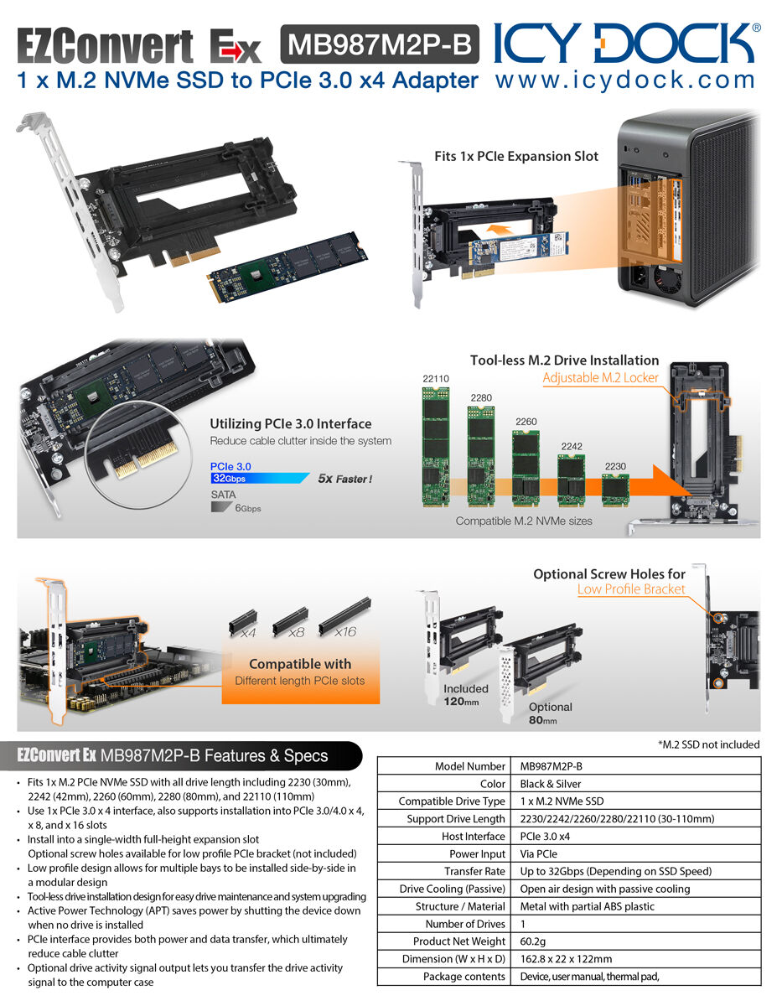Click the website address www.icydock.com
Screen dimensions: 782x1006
[x=625, y=80]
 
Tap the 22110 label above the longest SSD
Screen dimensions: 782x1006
[x=436, y=379]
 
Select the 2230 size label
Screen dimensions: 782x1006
[x=615, y=465]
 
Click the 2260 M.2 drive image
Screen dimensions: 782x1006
[x=526, y=465]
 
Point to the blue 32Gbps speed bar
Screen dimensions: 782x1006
[x=259, y=478]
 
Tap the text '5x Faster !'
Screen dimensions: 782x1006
[x=344, y=479]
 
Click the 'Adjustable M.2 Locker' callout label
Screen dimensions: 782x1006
[x=600, y=377]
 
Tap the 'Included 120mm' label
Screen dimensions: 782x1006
[x=465, y=695]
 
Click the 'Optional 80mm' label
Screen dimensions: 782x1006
[x=550, y=713]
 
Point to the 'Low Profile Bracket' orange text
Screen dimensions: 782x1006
[x=630, y=589]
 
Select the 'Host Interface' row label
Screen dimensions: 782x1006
[x=473, y=836]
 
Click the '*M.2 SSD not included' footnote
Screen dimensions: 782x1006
[x=709, y=744]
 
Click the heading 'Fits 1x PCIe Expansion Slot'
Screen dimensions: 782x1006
[x=516, y=156]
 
